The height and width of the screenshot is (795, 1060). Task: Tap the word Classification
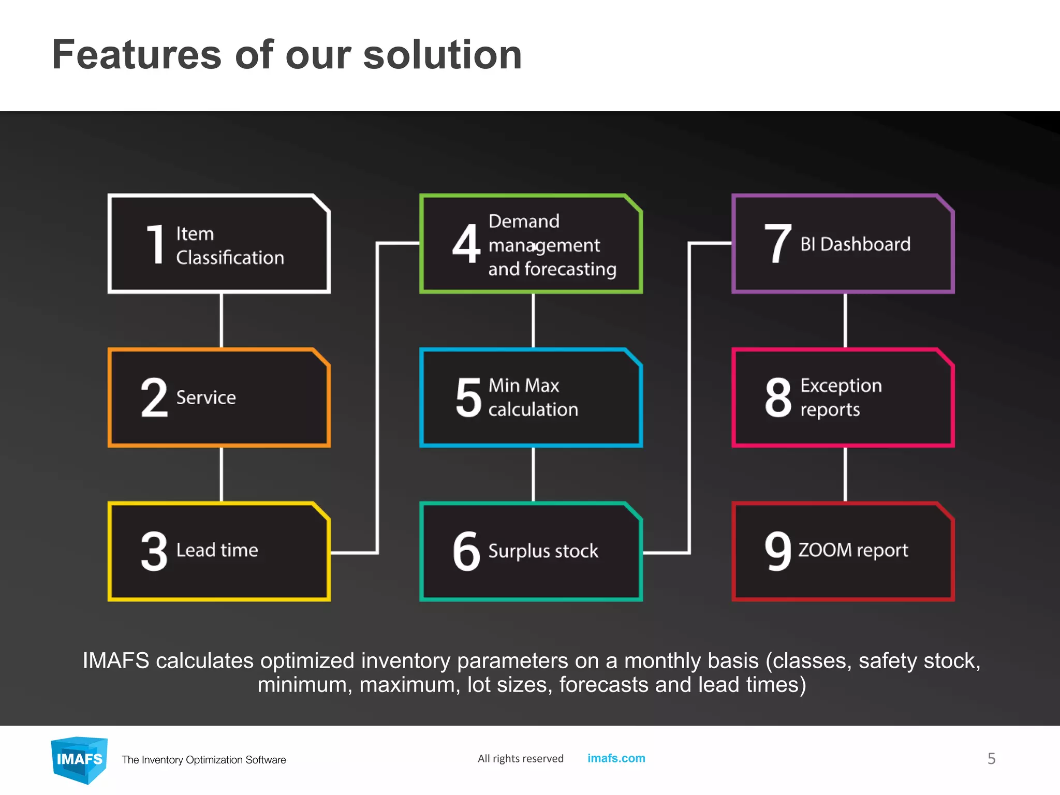(x=230, y=258)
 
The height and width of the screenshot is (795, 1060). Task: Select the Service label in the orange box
(x=206, y=397)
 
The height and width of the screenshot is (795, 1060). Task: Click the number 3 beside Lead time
(x=154, y=551)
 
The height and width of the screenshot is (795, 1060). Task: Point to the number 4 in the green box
(x=466, y=244)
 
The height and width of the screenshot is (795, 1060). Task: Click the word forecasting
(x=570, y=270)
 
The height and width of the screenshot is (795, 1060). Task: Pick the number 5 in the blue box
(x=468, y=397)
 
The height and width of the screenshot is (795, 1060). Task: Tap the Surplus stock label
(x=543, y=551)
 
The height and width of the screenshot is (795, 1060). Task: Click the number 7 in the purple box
(x=778, y=244)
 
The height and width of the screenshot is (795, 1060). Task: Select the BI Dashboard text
(x=855, y=244)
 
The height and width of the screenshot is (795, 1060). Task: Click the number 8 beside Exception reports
(x=778, y=397)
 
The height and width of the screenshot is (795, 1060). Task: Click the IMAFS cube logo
(x=79, y=759)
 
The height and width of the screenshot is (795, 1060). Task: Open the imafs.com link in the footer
(x=616, y=758)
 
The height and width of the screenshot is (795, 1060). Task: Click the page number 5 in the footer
(x=991, y=759)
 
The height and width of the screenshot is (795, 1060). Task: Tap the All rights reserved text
(x=520, y=759)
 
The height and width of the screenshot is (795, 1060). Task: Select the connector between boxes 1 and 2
(x=222, y=320)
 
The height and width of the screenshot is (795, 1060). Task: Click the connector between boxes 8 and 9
(x=845, y=474)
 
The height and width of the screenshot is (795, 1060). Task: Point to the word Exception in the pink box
(x=841, y=386)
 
